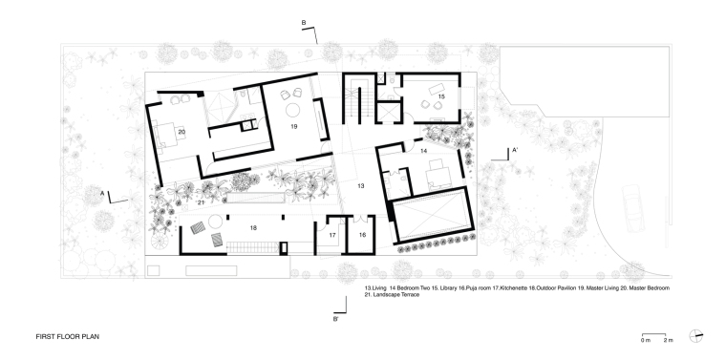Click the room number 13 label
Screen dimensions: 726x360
tap(361, 185)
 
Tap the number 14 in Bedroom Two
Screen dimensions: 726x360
tap(423, 151)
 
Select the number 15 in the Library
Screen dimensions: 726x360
tap(441, 96)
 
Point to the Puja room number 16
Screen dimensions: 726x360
tap(362, 235)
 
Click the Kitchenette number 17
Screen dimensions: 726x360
tap(332, 235)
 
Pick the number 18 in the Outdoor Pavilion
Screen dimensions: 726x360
tap(253, 227)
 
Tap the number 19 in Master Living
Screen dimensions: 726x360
tap(293, 126)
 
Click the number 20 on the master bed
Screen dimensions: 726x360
tap(181, 132)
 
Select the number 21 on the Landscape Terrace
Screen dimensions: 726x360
tap(201, 202)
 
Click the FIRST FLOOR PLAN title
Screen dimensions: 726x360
tap(68, 337)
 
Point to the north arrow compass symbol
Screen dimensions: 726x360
tap(695, 336)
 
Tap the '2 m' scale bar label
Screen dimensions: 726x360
tap(668, 341)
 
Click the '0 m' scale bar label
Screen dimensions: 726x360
tap(646, 341)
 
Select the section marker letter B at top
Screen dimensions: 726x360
tap(304, 22)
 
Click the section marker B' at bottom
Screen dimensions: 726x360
tap(335, 319)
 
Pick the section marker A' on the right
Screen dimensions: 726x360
tap(514, 150)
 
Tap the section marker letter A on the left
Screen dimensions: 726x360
tap(102, 193)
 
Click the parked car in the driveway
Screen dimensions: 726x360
tap(633, 208)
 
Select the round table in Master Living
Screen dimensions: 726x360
tap(293, 110)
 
